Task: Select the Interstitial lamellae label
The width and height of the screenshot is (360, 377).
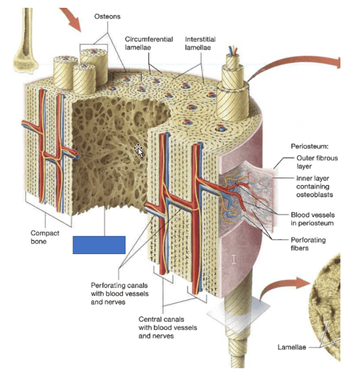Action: point(200,44)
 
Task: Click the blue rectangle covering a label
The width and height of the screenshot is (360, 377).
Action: point(99,245)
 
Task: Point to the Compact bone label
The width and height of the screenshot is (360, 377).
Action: point(45,237)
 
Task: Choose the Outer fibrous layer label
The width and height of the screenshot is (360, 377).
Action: point(317,162)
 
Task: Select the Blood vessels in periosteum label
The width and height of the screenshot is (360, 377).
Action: point(312,218)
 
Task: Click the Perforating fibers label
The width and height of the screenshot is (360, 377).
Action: point(310,244)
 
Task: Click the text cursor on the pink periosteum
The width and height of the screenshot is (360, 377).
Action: point(234,259)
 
